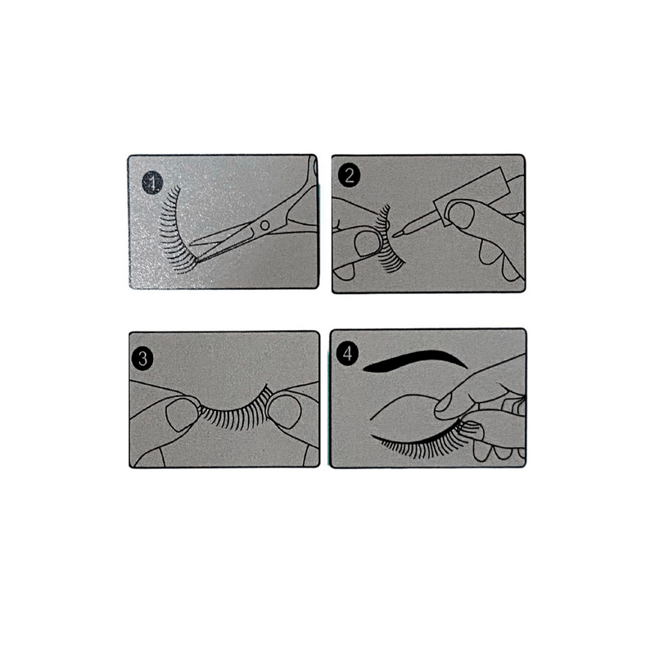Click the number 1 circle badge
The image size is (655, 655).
pos(152,183)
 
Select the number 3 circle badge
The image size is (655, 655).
pos(142,359)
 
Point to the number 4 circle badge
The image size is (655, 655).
pos(347,354)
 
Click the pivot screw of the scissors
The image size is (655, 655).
pos(264,226)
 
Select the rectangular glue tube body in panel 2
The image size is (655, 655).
pos(472,197)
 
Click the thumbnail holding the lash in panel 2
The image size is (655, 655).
pos(368,243)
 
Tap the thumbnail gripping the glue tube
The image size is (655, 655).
pos(460,215)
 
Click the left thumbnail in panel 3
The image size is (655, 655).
pos(182,414)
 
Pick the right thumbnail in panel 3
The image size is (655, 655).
pos(284,412)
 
